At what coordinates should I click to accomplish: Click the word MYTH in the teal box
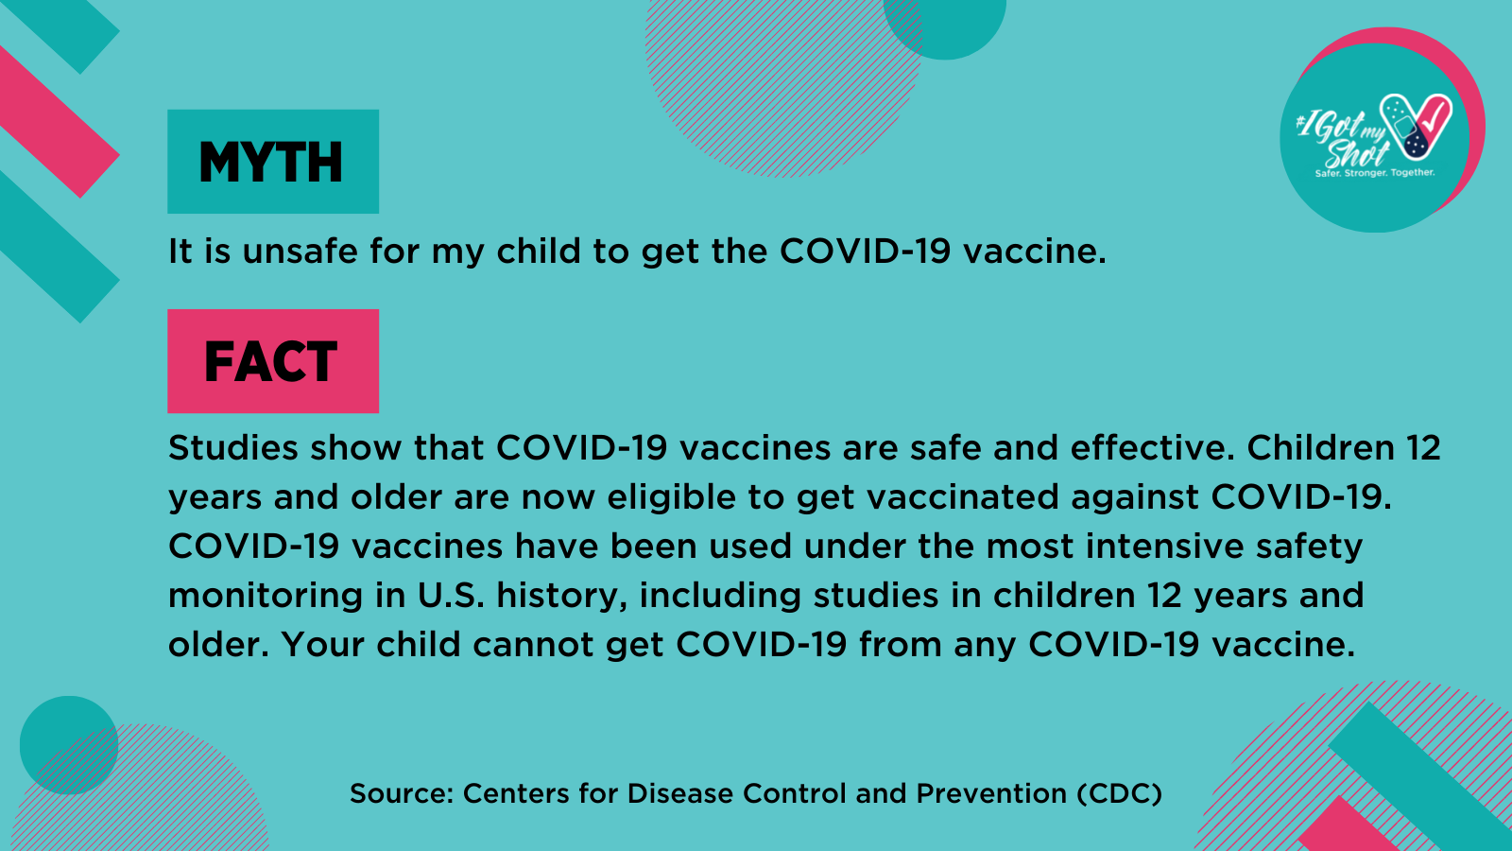270,162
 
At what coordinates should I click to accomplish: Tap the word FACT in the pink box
270,361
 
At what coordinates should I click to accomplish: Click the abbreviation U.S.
451,596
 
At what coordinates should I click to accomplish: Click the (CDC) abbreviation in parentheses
1120,794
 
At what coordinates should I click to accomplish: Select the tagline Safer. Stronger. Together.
1375,173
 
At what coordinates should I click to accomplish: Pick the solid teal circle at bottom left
69,745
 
